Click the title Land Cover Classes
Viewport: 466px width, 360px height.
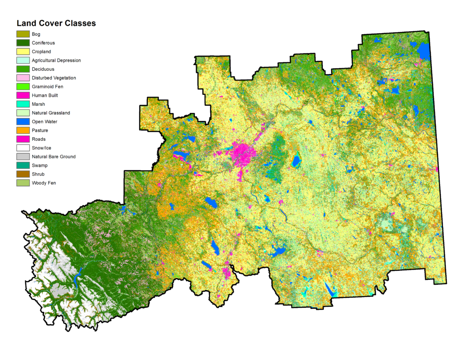pos(56,23)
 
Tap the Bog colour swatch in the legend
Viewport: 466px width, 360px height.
pos(23,34)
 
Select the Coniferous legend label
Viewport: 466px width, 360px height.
pos(43,43)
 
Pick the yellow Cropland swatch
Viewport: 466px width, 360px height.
pos(23,52)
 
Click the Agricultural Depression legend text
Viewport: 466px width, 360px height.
pos(56,60)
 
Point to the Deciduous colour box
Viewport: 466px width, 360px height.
pos(23,69)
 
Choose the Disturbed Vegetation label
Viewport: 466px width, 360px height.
pos(54,78)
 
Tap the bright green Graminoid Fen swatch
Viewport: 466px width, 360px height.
pos(23,86)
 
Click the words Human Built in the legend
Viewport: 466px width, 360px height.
pos(45,95)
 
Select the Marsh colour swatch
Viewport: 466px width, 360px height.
pos(23,104)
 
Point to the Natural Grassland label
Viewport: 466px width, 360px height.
pos(50,113)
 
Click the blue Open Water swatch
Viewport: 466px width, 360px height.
pos(23,121)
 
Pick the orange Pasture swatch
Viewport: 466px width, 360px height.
pos(23,130)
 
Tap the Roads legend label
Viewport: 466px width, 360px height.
pos(38,139)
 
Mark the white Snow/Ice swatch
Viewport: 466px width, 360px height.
pos(23,148)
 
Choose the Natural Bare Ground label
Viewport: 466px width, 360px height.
pos(54,157)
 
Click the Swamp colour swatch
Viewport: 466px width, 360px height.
pos(23,166)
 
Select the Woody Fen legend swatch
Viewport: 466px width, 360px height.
pos(23,183)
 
